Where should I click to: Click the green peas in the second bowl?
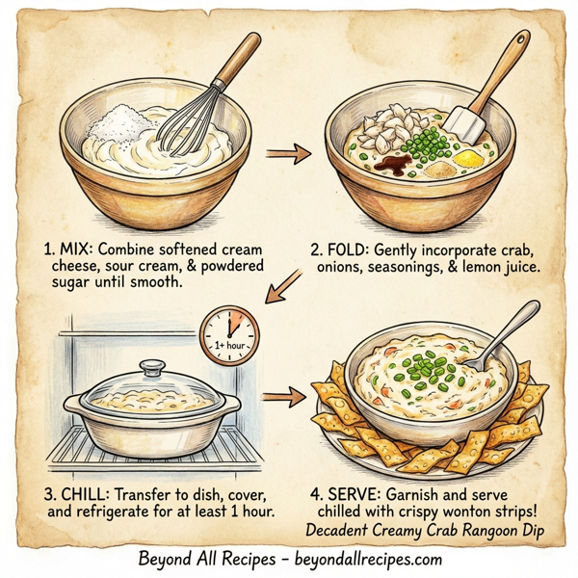(x=422, y=147)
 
